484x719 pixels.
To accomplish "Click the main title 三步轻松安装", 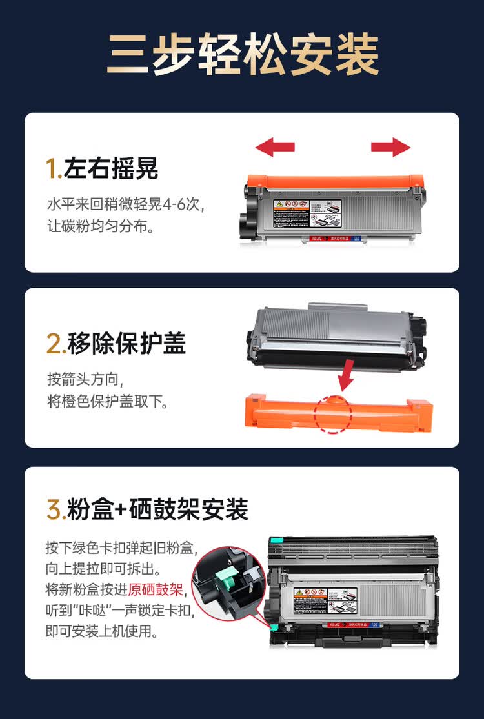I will [242, 55].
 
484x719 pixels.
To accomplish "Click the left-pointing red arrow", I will [275, 148].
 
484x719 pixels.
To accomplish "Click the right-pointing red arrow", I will [391, 148].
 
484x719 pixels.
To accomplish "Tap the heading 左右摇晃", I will [111, 169].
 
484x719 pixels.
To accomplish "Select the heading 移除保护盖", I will [125, 344].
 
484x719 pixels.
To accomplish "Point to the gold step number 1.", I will [53, 169].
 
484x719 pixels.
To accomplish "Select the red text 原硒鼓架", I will [156, 590].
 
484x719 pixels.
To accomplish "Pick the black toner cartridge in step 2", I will [336, 335].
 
